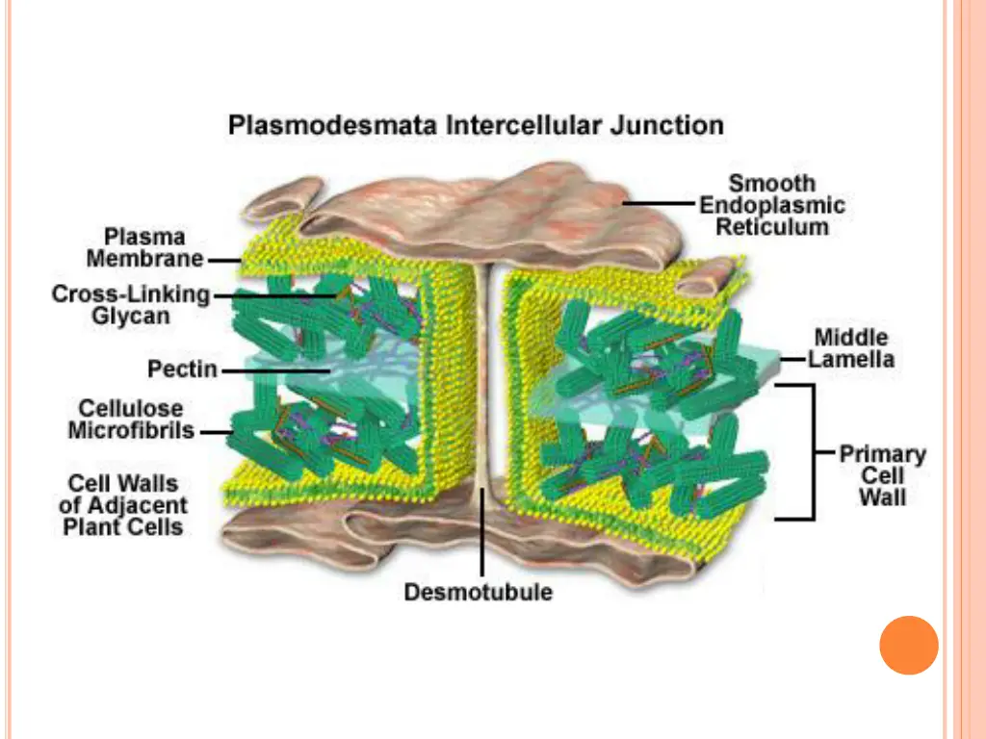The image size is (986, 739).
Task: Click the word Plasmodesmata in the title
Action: (x=309, y=125)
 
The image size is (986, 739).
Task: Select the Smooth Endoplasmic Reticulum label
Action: (x=772, y=205)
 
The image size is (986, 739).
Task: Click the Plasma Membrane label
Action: (x=144, y=247)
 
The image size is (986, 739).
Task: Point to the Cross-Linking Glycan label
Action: (x=130, y=305)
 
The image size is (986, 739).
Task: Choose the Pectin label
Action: (x=182, y=369)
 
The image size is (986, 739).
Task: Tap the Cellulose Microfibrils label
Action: (x=131, y=420)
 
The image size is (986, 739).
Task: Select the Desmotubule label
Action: (x=479, y=592)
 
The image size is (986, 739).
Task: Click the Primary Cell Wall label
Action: (x=883, y=475)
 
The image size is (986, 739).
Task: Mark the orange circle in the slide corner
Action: (x=908, y=645)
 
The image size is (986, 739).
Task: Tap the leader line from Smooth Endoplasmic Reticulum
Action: (x=660, y=204)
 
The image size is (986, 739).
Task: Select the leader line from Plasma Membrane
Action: (x=224, y=260)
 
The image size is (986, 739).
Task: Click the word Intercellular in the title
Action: (x=510, y=125)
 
